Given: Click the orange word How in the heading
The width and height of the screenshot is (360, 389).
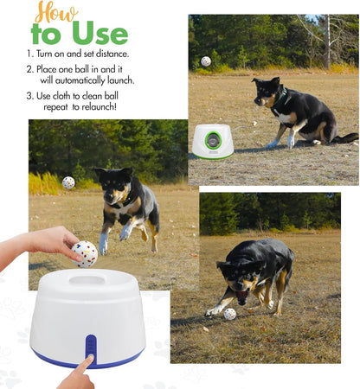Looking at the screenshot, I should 54,13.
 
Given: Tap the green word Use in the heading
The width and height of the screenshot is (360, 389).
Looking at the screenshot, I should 99,34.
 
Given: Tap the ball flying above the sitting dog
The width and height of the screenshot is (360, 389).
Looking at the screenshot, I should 205,61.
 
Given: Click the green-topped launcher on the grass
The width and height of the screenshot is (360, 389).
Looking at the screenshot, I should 212,140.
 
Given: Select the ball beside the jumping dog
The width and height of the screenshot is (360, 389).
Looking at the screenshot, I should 68,182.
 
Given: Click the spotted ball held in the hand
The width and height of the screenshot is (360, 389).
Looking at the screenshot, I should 84,253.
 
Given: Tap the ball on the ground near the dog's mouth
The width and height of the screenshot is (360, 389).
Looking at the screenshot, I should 229,314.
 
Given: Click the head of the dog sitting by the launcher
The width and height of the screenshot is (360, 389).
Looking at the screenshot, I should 266,90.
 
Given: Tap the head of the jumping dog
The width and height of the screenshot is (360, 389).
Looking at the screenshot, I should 113,185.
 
